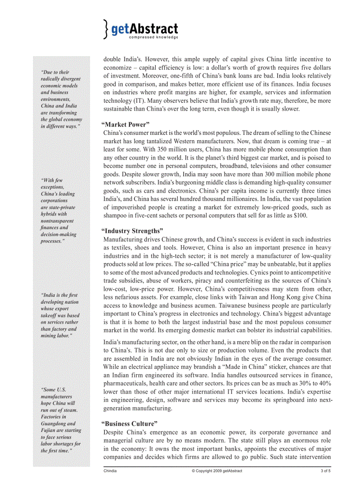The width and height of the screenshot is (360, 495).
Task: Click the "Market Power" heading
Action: point(125,125)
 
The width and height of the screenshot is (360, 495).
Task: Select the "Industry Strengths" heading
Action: point(132,231)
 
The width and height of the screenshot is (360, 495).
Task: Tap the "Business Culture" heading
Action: point(129,424)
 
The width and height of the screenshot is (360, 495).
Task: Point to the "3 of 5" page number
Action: point(326,471)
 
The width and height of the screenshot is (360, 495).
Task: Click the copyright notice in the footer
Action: point(217,471)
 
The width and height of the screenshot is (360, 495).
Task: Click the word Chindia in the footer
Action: point(110,471)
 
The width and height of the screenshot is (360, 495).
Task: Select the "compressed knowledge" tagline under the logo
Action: point(154,37)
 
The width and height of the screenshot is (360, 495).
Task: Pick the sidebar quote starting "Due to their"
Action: point(61,99)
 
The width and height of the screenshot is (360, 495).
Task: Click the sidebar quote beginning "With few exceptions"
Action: point(58,211)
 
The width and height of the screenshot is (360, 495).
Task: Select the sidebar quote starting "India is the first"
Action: point(60,315)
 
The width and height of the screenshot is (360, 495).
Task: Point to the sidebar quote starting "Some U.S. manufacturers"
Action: point(61,420)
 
